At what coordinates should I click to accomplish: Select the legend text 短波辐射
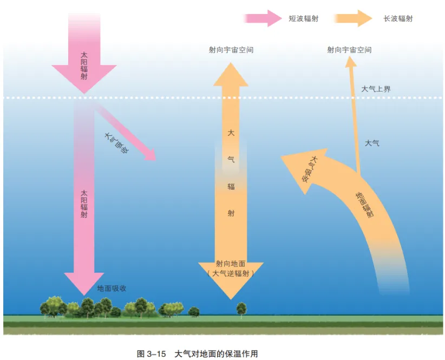point(303,18)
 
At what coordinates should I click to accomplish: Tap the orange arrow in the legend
point(352,18)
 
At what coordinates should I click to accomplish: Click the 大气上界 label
point(376,89)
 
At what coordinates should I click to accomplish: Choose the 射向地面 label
point(231,264)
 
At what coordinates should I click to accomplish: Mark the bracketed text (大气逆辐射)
point(231,274)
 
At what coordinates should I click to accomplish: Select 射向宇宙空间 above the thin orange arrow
point(349,50)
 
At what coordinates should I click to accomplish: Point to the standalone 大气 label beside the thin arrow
point(372,143)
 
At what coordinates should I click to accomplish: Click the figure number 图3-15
point(152,354)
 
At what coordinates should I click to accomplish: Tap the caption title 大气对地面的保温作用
point(216,354)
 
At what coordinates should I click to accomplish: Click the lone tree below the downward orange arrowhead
point(241,308)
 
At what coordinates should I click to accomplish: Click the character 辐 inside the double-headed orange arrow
point(231,187)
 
